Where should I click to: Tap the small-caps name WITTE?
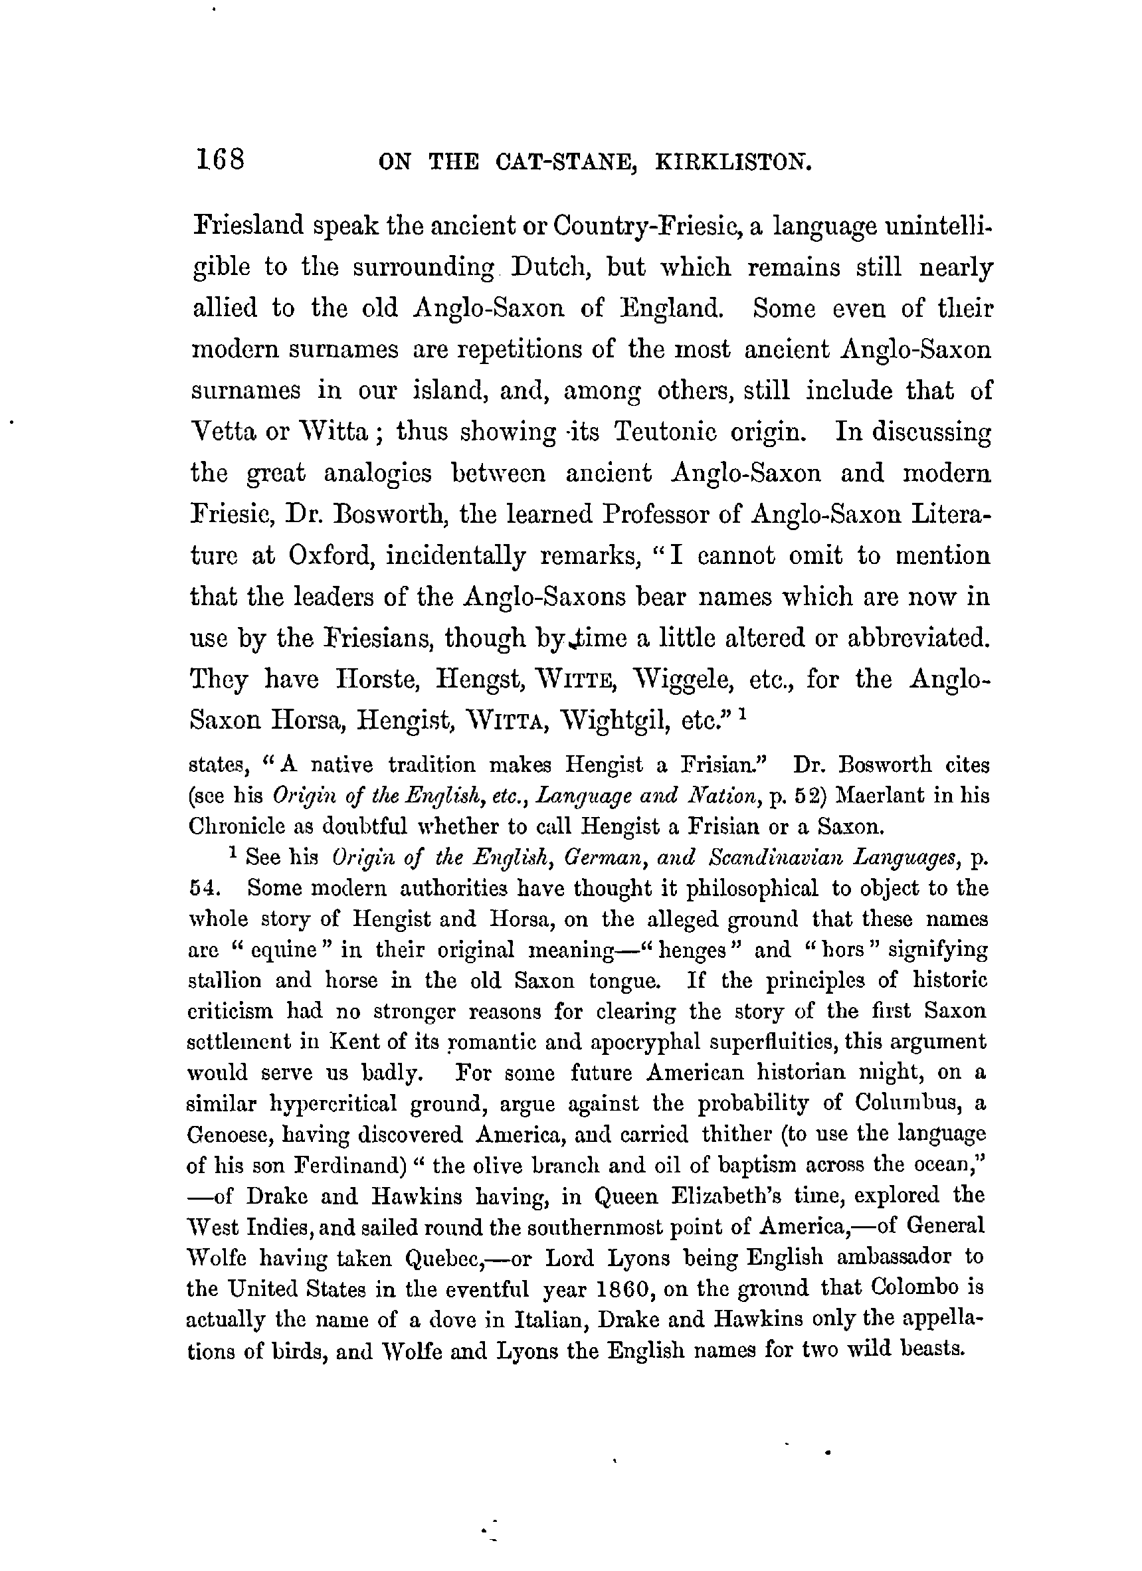(570, 679)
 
